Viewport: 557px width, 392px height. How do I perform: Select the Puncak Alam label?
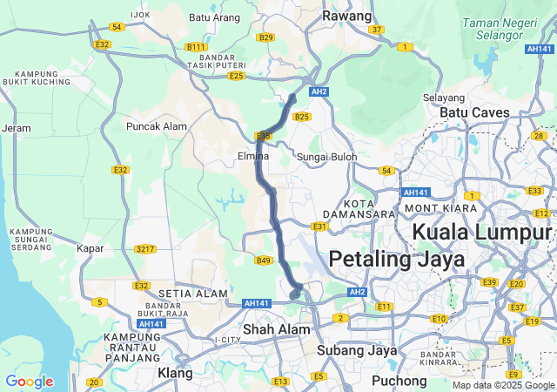click(x=157, y=126)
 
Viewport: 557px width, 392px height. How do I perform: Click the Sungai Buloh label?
click(x=327, y=157)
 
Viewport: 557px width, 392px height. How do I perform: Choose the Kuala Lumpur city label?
click(x=481, y=232)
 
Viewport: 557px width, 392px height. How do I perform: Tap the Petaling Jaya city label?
click(x=396, y=260)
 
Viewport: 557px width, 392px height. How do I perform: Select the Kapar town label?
click(x=90, y=248)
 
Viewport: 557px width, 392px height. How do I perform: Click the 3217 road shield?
click(x=145, y=249)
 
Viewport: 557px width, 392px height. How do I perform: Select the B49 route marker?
click(x=264, y=260)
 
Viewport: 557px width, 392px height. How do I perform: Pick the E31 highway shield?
click(x=319, y=226)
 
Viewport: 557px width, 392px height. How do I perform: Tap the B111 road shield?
click(x=197, y=47)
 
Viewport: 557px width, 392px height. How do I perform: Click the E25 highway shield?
click(x=236, y=77)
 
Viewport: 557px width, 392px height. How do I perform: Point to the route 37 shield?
click(x=376, y=30)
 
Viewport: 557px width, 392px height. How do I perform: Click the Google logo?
click(x=29, y=382)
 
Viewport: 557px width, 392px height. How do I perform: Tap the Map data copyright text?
click(x=504, y=385)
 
